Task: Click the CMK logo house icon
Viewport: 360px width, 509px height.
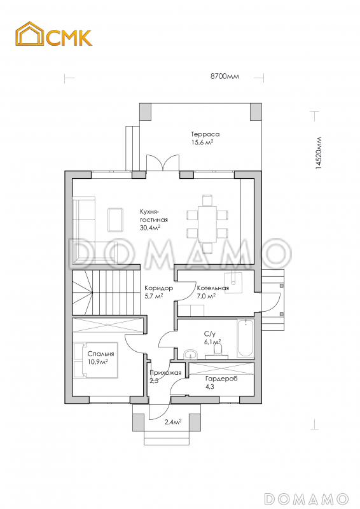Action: [x=29, y=34]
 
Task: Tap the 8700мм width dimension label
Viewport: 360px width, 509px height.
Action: [x=225, y=76]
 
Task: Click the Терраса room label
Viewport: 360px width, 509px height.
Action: [x=205, y=134]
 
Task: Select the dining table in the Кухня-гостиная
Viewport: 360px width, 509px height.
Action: [x=207, y=224]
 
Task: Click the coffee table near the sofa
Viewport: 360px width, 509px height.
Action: [x=115, y=220]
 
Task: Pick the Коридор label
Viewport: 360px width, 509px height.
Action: [x=159, y=288]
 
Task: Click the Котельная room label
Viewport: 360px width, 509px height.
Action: [x=213, y=288]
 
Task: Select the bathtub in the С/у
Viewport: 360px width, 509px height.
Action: [x=246, y=338]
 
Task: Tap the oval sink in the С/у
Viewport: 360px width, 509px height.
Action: [x=190, y=354]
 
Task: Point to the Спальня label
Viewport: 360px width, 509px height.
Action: [x=100, y=354]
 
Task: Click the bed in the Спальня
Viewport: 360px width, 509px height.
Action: [x=95, y=359]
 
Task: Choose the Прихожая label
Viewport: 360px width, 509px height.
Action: [x=165, y=373]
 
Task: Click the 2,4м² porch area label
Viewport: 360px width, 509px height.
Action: [x=173, y=422]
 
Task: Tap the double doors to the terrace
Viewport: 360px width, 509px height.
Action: [x=163, y=163]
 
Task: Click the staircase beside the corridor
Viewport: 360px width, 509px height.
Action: [x=106, y=292]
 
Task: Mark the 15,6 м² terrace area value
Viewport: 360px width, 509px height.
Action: [x=202, y=142]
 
